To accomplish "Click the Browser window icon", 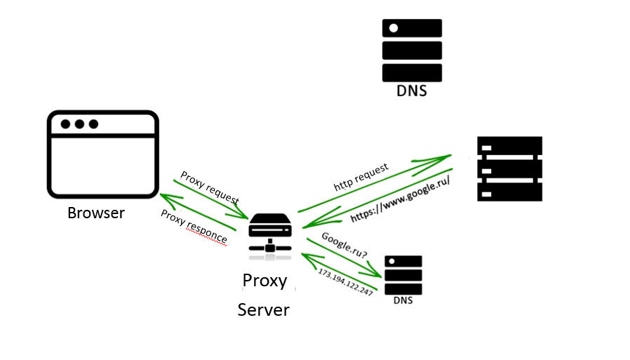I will (x=102, y=153).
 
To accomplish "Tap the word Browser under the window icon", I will (x=96, y=213).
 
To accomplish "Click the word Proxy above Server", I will (x=264, y=281).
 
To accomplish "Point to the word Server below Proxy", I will (x=264, y=309).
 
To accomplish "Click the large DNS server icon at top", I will (x=412, y=50).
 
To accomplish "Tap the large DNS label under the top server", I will (x=411, y=91).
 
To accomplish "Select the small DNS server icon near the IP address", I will (x=403, y=274).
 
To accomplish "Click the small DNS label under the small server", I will (x=403, y=301).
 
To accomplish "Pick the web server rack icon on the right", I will (x=509, y=168).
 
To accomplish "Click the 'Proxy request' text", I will (x=209, y=187).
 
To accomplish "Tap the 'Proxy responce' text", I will (x=194, y=227).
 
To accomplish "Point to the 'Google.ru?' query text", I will (x=344, y=246).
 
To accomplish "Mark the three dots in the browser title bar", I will (x=79, y=124).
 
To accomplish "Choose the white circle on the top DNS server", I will (x=394, y=28).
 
